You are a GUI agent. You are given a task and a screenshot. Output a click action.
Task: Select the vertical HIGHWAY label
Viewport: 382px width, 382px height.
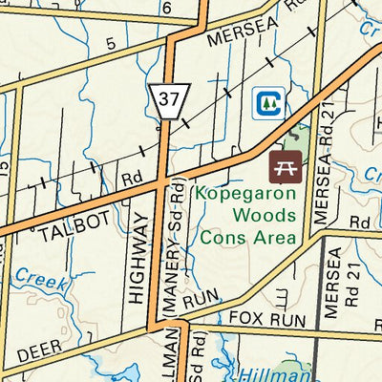[x=138, y=259]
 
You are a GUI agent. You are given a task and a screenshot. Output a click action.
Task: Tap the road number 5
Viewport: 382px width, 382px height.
[x=111, y=43]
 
